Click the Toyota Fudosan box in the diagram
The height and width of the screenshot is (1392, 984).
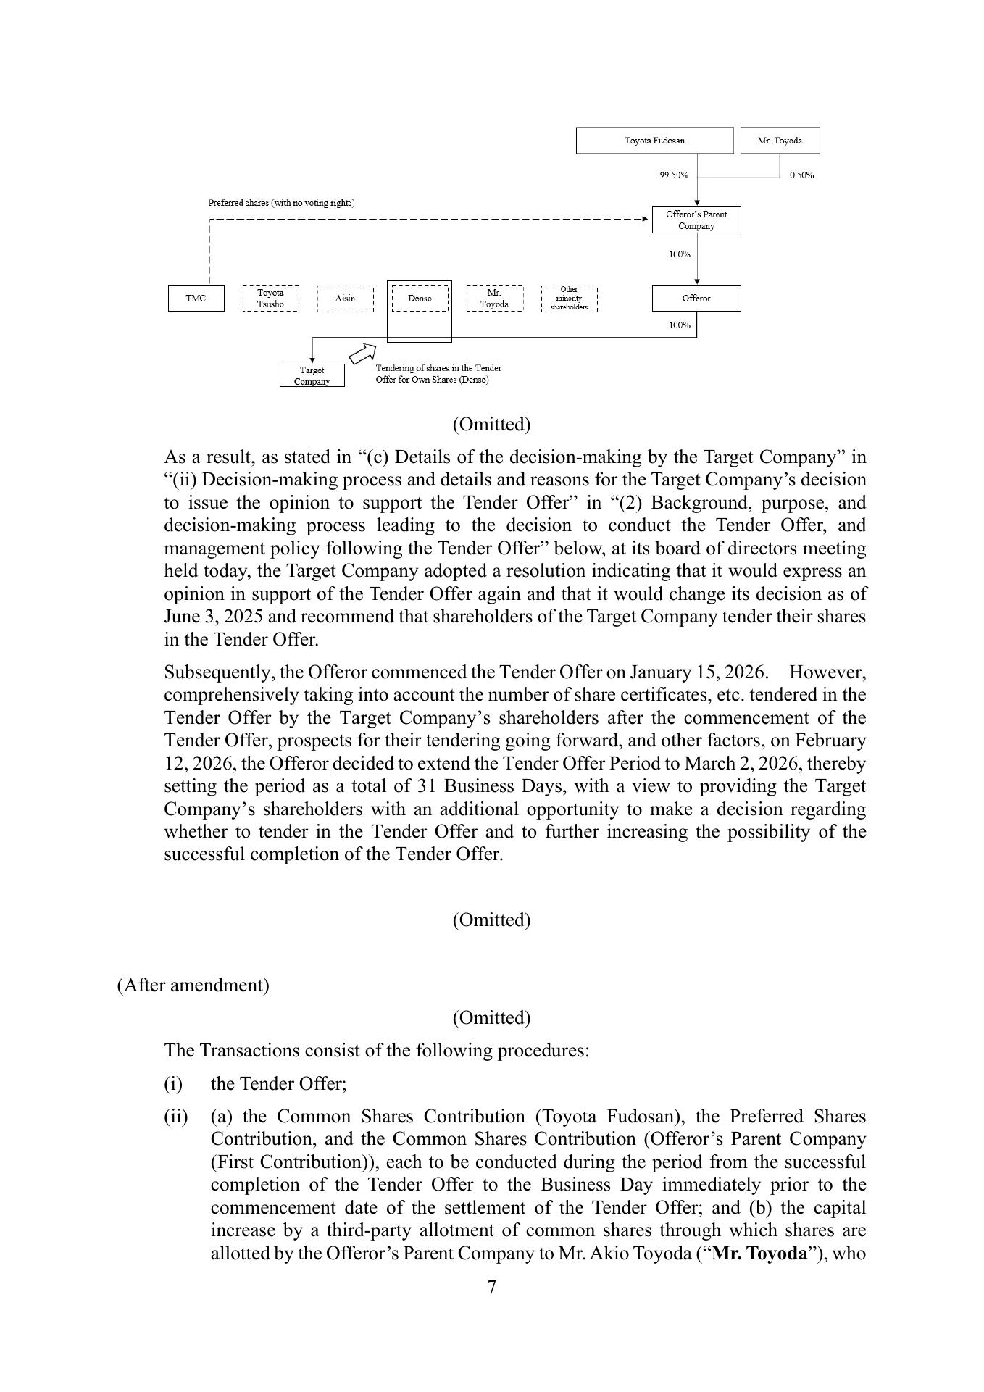[x=654, y=141]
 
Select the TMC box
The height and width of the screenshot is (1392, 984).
[x=196, y=299]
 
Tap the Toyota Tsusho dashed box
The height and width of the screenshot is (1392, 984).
[x=270, y=299]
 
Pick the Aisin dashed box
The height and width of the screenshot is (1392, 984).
[x=345, y=299]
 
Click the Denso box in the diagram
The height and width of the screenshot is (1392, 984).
[x=420, y=299]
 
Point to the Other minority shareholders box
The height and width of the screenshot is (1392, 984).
[x=569, y=299]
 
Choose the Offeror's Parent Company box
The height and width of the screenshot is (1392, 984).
[x=696, y=220]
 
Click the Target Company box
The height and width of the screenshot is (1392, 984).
[x=312, y=375]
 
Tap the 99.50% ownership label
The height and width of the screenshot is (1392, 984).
[x=673, y=175]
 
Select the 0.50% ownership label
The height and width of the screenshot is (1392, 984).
[x=801, y=175]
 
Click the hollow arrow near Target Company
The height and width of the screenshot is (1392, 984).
[x=361, y=354]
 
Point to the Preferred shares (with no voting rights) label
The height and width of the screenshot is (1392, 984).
[x=281, y=203]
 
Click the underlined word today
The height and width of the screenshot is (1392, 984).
[x=225, y=572]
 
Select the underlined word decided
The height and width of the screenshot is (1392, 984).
[x=362, y=764]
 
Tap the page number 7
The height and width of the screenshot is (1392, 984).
[x=491, y=1287]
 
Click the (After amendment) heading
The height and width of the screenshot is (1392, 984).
[x=193, y=985]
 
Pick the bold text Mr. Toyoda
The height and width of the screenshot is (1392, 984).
[x=759, y=1254]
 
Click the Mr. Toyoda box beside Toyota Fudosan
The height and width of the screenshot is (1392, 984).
[x=780, y=141]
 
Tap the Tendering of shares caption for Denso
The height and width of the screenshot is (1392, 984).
[x=438, y=374]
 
